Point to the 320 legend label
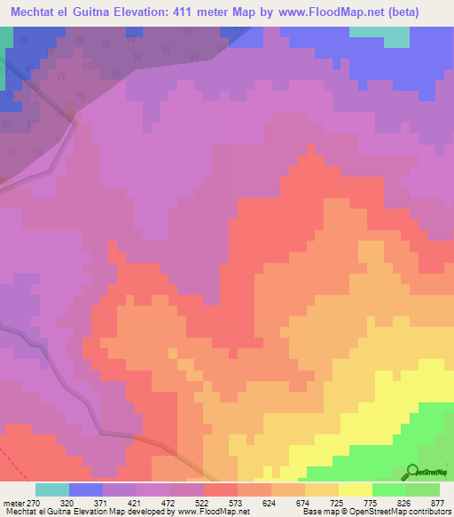69,502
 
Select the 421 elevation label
137,502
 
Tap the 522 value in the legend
204,502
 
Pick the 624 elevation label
271,502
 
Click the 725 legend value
339,502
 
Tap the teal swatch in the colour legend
52,489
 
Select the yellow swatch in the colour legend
356,489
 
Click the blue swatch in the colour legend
86,489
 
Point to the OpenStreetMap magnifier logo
413,472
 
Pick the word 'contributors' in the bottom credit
427,512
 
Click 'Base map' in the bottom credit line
321,512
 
